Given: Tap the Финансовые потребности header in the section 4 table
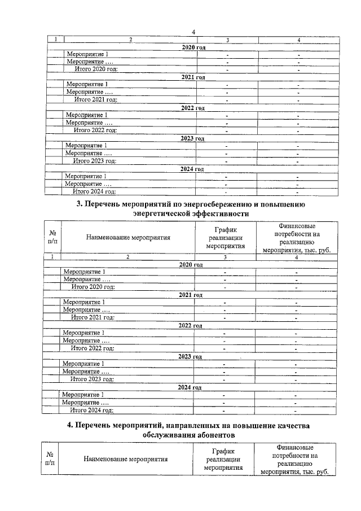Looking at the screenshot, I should point(293,459).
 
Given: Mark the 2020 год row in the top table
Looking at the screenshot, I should point(193,47).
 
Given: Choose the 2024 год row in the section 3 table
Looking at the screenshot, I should point(190,387).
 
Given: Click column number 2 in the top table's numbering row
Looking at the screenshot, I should point(131,40).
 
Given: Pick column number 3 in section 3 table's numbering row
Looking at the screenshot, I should point(225,257).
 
